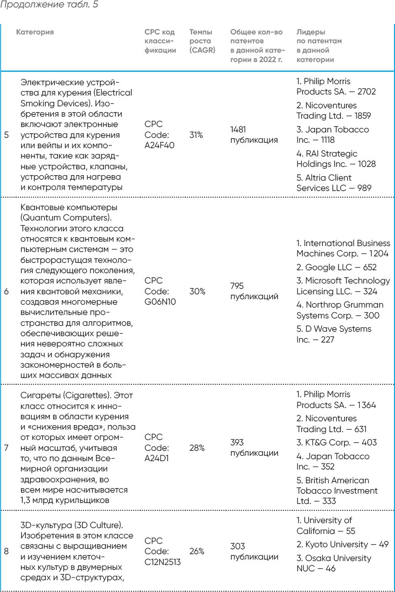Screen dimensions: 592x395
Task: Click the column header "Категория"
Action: pos(35,32)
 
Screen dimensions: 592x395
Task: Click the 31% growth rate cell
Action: pos(196,134)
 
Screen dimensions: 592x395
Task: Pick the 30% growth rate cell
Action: pos(196,291)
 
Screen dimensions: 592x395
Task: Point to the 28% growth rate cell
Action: pos(196,448)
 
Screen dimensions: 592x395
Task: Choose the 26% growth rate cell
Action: pos(196,551)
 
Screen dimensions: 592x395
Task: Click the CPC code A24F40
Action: pos(158,134)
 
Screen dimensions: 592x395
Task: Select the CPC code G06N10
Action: pos(160,291)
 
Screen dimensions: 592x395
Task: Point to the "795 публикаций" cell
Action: pos(254,291)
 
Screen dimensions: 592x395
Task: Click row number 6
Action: pos(6,291)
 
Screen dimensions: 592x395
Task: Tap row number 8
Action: pos(6,551)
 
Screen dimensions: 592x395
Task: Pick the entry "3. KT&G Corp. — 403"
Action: pos(336,442)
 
